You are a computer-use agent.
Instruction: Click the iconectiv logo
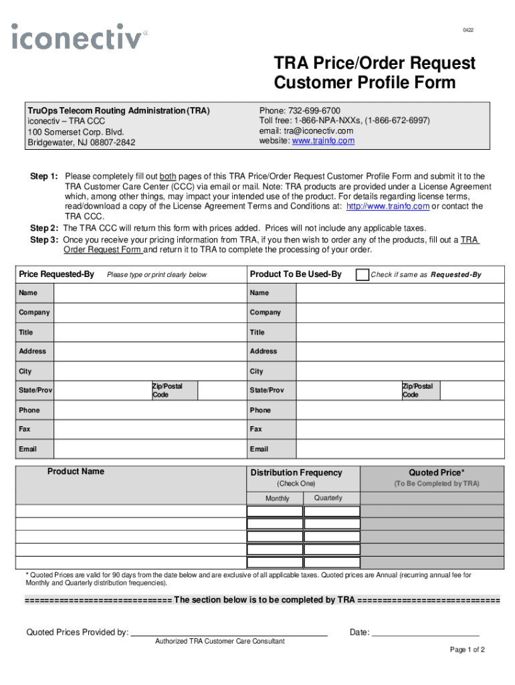(x=79, y=36)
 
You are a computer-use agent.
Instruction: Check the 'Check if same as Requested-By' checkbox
(x=362, y=274)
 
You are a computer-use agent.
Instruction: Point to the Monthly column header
(x=277, y=498)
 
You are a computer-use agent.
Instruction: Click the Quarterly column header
(x=328, y=498)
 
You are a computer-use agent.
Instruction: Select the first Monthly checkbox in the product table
(x=274, y=512)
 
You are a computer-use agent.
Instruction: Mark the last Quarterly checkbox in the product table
(x=332, y=563)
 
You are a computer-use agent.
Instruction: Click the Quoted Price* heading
(x=435, y=473)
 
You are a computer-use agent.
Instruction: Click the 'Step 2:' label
(x=44, y=227)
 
